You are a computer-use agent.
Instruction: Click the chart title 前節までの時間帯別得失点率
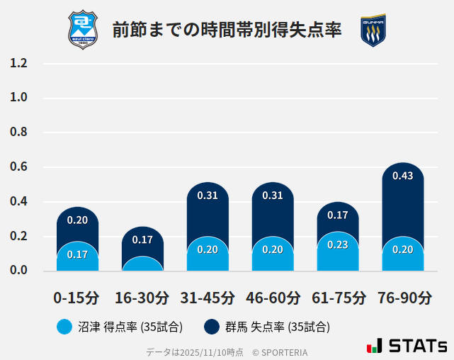227,30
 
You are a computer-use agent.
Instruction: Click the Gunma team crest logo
373,30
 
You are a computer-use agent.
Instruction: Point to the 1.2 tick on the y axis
19,63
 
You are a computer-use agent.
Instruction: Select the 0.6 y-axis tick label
19,167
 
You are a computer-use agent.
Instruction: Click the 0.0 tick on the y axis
19,271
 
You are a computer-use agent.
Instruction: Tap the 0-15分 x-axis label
77,297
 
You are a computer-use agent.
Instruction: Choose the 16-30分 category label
142,297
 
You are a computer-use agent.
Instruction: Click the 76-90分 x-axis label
403,297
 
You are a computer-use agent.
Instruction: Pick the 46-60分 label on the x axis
273,297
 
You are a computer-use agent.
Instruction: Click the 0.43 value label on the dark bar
402,176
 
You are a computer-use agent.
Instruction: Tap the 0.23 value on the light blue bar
338,244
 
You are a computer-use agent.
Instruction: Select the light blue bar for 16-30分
142,264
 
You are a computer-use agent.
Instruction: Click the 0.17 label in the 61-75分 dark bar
338,215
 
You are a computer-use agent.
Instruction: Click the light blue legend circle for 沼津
64,327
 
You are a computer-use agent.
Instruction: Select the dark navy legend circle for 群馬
211,327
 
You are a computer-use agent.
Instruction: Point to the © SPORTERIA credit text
280,352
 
